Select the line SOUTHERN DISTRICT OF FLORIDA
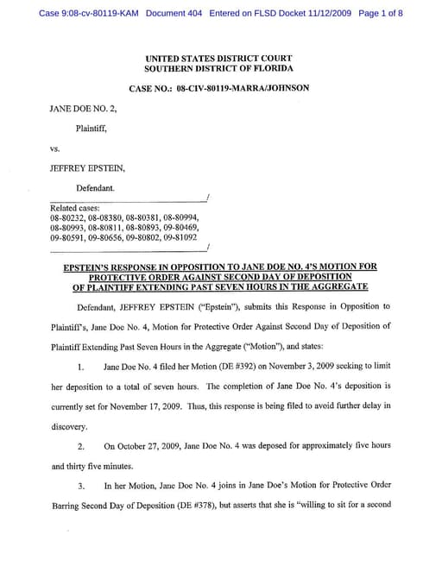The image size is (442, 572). (218, 67)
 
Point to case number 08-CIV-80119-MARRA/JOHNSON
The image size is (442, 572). (218, 88)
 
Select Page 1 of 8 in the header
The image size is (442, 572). (379, 14)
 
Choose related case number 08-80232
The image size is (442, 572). (69, 217)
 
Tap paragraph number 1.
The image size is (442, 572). (80, 367)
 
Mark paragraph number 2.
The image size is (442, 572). (80, 446)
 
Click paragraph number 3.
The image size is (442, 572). (80, 486)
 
